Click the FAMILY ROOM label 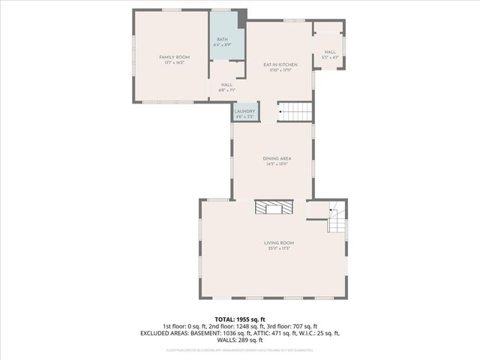[173, 57]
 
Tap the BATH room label [222, 40]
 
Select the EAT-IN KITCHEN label [277, 66]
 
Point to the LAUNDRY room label [244, 112]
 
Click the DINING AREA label [271, 158]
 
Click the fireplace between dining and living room [271, 208]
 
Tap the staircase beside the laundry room [294, 112]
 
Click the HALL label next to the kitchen [330, 52]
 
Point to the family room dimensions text [173, 62]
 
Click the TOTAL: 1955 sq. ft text [240, 319]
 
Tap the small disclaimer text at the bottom [240, 349]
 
